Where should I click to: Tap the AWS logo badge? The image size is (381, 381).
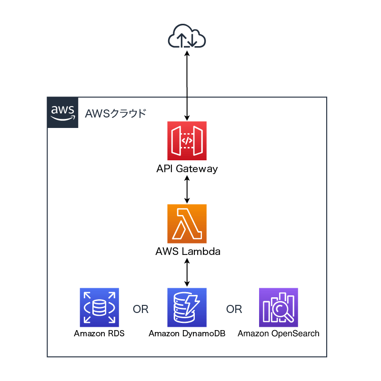pyautogui.click(x=63, y=113)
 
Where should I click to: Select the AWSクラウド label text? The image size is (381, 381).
pyautogui.click(x=116, y=114)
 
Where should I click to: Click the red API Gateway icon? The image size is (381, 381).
pyautogui.click(x=187, y=141)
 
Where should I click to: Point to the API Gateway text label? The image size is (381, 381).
pyautogui.click(x=187, y=168)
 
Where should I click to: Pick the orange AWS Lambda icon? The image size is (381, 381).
pyautogui.click(x=187, y=224)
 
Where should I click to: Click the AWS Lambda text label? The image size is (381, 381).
pyautogui.click(x=188, y=252)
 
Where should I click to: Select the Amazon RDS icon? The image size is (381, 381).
pyautogui.click(x=100, y=308)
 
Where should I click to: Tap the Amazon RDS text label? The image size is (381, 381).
pyautogui.click(x=99, y=333)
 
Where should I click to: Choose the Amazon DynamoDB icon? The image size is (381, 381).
pyautogui.click(x=187, y=308)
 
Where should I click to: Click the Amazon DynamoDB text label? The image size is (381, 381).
pyautogui.click(x=187, y=333)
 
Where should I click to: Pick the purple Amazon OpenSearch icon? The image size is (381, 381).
pyautogui.click(x=278, y=308)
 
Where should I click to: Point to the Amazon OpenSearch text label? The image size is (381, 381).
pyautogui.click(x=279, y=333)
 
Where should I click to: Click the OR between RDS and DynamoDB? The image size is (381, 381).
pyautogui.click(x=140, y=310)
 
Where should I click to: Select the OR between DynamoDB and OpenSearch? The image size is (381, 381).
pyautogui.click(x=234, y=310)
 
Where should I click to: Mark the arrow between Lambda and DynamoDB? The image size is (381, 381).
pyautogui.click(x=187, y=273)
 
